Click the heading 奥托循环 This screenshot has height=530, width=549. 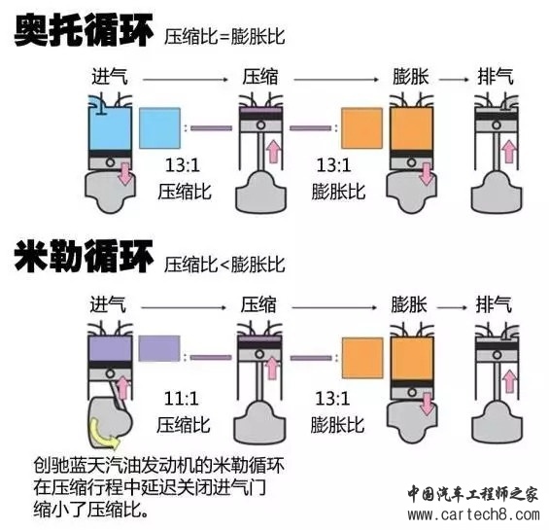tap(84, 31)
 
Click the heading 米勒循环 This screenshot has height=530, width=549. tap(84, 257)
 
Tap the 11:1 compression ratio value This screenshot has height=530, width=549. tap(182, 398)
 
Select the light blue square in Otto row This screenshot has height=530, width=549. tap(159, 128)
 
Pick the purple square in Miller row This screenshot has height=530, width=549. tap(159, 349)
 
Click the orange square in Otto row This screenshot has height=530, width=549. tap(362, 128)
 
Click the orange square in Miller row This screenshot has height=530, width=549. tap(362, 358)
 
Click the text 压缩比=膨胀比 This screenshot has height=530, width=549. tap(224, 36)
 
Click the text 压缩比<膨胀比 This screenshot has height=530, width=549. tap(224, 265)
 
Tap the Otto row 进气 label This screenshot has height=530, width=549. tap(110, 77)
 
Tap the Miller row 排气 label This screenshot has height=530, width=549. tap(494, 304)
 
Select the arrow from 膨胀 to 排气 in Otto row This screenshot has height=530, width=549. tap(454, 80)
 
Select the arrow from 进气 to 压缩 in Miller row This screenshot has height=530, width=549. tap(185, 307)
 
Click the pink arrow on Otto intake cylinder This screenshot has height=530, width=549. tap(124, 173)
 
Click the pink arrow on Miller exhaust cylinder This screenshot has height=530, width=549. tap(510, 381)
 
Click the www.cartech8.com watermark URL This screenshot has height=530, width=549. tap(473, 514)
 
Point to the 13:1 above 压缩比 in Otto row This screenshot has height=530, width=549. tap(183, 164)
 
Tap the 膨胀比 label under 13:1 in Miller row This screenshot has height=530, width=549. tap(337, 425)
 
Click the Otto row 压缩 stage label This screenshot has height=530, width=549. tap(260, 77)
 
